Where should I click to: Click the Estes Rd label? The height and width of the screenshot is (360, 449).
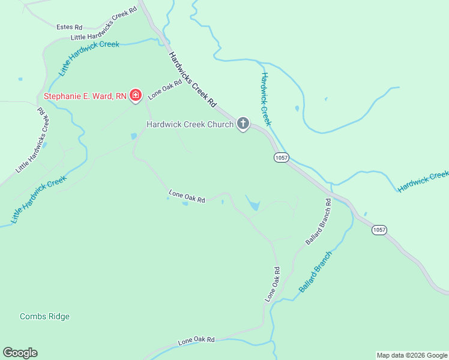coord(69,27)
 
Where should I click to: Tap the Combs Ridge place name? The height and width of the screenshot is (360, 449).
coord(44,316)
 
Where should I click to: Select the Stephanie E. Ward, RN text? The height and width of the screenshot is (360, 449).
coord(85,95)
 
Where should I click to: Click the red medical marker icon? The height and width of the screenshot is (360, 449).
coord(136,95)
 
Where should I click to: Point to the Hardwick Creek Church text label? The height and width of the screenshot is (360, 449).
coord(190,124)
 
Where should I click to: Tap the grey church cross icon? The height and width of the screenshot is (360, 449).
coord(243,124)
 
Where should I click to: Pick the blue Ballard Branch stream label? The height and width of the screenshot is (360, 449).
coord(316,272)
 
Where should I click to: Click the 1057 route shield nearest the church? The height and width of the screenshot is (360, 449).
coord(281,157)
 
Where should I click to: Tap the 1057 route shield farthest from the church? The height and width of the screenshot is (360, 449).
coord(379,230)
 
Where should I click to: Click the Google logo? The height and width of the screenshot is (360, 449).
coord(20,353)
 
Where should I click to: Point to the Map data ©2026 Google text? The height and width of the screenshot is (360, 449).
coord(412,355)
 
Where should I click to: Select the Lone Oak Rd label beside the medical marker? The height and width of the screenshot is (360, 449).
coord(165,90)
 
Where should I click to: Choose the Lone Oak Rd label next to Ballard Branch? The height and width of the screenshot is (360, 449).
coord(272,284)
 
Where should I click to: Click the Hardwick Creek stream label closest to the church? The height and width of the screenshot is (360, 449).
coord(266,99)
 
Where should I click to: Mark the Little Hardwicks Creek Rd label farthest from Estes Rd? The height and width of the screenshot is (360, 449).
coord(33,141)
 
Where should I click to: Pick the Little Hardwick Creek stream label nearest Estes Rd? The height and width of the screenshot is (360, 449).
coord(89,58)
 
